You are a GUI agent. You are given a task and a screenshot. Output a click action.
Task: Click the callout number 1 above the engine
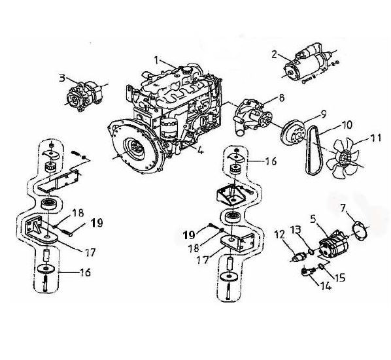[156, 60]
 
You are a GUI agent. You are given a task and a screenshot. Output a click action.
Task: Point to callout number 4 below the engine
[200, 150]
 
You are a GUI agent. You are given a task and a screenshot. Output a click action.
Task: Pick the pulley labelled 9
[294, 133]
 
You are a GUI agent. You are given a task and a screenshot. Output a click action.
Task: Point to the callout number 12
[279, 235]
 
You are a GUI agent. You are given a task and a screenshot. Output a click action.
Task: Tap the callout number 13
[296, 230]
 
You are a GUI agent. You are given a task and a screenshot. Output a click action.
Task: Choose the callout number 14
[326, 286]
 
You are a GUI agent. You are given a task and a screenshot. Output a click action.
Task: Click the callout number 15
[339, 277]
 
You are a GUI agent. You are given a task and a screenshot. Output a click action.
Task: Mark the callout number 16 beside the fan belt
[271, 161]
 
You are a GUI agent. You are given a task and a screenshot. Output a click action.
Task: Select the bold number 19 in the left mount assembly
[97, 223]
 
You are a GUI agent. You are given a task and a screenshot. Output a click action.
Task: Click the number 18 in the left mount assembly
[78, 213]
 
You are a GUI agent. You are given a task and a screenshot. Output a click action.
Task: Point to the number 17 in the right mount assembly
[202, 260]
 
